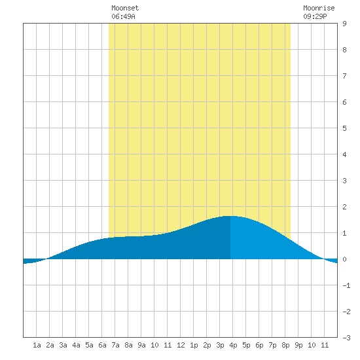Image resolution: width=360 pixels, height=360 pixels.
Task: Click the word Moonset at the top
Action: (x=125, y=8)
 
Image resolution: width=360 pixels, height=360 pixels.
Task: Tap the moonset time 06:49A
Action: (x=123, y=16)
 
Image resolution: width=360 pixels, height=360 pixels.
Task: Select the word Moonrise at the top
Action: (x=319, y=8)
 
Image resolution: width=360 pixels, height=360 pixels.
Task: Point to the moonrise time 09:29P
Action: (x=315, y=16)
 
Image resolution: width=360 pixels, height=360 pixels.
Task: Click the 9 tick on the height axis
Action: (x=344, y=24)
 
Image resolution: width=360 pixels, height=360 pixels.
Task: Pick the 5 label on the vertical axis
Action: (x=344, y=128)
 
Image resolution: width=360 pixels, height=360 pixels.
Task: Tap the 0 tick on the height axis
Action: (x=344, y=259)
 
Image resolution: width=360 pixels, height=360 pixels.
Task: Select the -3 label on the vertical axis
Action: (x=346, y=338)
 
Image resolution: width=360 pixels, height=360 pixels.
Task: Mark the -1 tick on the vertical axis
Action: (x=346, y=285)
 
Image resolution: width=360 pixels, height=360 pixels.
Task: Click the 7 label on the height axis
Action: (x=344, y=76)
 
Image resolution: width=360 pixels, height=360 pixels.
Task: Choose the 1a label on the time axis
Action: (x=37, y=345)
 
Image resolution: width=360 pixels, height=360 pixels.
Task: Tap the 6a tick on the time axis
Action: (x=102, y=345)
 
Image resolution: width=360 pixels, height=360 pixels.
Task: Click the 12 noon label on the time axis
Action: (x=181, y=345)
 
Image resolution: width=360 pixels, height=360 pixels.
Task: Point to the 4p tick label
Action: (x=233, y=345)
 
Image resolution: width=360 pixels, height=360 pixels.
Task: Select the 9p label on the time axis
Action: (x=298, y=345)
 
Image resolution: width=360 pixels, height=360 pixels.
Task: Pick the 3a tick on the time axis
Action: (x=63, y=345)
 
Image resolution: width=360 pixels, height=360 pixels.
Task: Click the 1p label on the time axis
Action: (x=194, y=345)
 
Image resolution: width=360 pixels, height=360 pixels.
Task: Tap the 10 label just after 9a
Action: (x=154, y=345)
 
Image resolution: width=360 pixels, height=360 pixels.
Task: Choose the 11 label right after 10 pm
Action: (x=325, y=345)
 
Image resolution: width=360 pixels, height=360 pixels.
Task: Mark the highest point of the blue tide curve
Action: (x=230, y=216)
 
